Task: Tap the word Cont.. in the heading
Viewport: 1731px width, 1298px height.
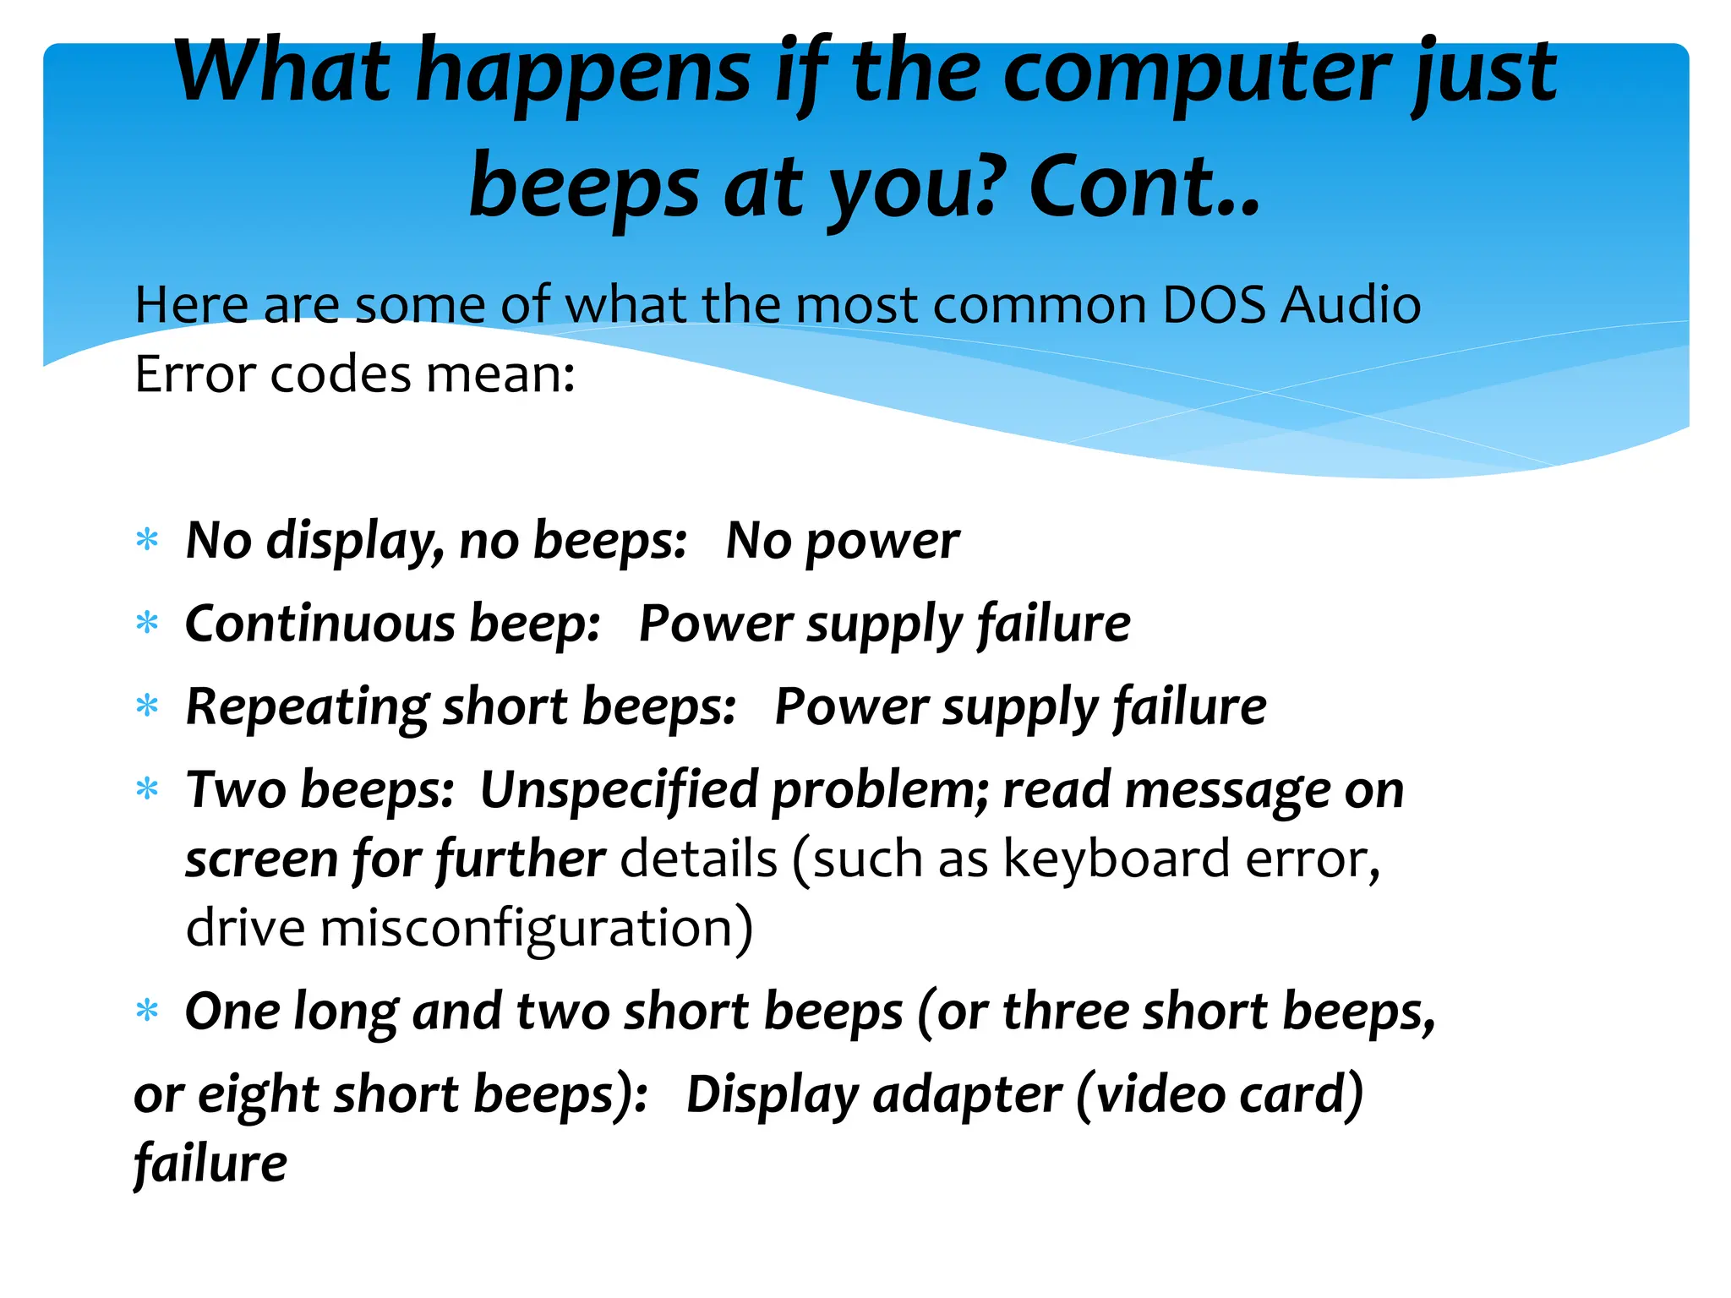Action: [1144, 188]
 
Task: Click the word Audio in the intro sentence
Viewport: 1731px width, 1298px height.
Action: [1350, 305]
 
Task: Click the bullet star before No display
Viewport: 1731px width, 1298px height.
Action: [148, 540]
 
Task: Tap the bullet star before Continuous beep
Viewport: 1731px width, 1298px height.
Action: [148, 624]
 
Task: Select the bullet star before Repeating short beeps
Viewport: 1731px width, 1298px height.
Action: [148, 706]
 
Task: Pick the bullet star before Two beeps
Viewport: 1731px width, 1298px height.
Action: [148, 789]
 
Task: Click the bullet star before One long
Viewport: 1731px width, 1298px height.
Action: [148, 1011]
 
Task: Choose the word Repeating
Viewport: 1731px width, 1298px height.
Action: [307, 707]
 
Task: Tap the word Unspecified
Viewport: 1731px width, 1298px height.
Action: [619, 791]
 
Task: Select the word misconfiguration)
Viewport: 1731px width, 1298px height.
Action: [536, 929]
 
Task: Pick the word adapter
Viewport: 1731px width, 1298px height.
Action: [967, 1095]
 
